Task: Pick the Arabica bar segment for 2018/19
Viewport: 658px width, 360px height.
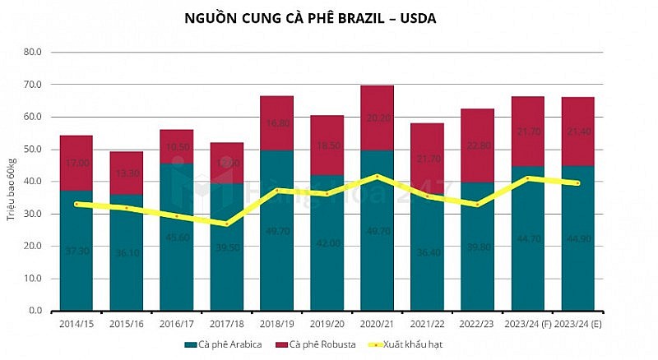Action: coord(276,247)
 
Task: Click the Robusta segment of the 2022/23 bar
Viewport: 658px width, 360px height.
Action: coord(477,145)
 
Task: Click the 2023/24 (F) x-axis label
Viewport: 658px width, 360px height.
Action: coord(527,323)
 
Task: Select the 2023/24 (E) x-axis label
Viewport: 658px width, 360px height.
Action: coord(578,323)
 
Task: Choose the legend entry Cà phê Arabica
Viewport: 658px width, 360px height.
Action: coord(223,344)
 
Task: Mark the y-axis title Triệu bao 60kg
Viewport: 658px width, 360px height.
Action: coord(12,181)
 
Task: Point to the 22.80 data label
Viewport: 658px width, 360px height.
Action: coord(477,145)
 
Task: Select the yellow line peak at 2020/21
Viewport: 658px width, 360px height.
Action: coord(377,176)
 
